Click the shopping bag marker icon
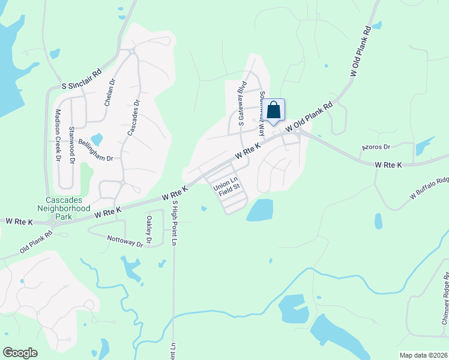click(274, 110)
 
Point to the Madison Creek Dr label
click(58, 136)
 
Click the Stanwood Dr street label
click(71, 145)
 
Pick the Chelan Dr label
click(110, 92)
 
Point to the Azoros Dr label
click(376, 146)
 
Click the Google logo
click(20, 353)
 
